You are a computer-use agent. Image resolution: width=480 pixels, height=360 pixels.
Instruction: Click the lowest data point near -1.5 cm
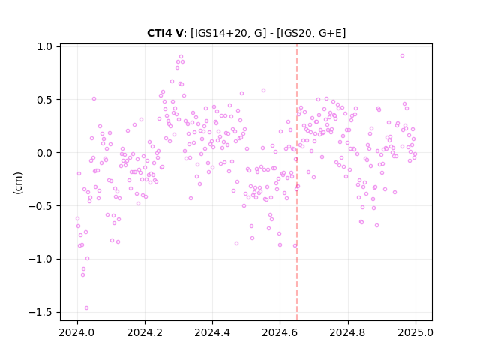coord(87,307)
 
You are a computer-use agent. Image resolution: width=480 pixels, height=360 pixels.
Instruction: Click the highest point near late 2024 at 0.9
coord(402,55)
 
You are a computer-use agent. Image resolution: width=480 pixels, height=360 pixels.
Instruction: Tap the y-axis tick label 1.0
coord(45,46)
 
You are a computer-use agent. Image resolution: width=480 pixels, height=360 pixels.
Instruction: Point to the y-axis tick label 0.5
coord(45,100)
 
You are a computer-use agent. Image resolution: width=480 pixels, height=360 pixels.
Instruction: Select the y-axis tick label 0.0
coord(45,153)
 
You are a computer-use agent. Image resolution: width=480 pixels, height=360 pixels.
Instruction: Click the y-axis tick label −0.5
coord(40,206)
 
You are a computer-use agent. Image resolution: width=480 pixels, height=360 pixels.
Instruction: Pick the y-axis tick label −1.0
coord(40,259)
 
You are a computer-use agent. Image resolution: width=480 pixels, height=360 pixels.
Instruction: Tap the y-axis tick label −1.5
coord(40,312)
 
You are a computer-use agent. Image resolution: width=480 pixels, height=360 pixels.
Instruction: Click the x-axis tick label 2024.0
coord(77,332)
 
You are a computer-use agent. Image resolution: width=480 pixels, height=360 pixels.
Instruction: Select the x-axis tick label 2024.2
coord(145,332)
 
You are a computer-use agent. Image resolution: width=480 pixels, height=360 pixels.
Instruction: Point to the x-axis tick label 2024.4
coord(212,332)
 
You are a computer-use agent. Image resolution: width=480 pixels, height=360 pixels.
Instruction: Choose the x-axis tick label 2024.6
coord(280,332)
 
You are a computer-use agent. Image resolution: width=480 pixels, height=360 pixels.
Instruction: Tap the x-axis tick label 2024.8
coord(348,332)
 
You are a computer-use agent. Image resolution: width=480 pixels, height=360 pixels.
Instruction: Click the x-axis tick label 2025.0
coord(415,332)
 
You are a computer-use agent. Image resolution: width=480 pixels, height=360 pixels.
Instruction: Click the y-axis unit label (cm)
coord(18,183)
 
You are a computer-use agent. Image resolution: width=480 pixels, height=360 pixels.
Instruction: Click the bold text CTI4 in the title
coord(160,33)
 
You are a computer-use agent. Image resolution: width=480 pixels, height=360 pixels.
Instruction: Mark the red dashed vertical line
coord(297,182)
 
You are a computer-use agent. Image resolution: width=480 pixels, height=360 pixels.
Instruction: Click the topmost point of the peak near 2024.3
coord(181,57)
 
